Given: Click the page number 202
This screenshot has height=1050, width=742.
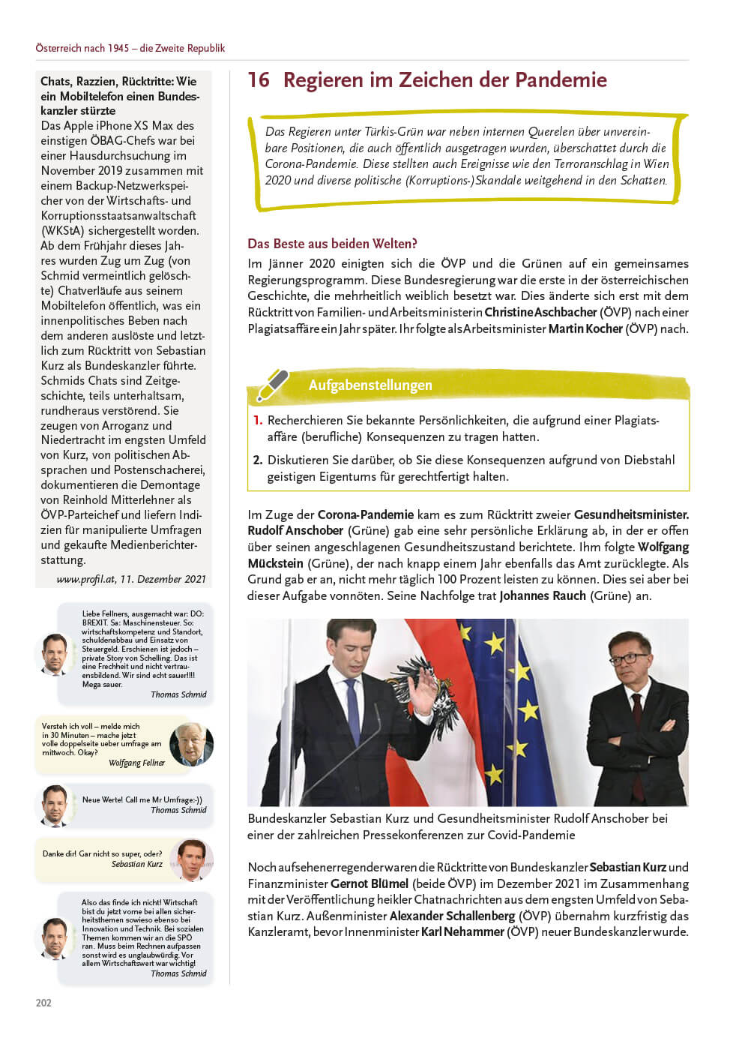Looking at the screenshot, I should pos(43,1003).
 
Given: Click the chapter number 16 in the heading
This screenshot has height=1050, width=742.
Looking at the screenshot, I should pos(259,80).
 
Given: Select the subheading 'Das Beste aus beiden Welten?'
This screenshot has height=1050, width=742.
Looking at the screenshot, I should pos(332,244).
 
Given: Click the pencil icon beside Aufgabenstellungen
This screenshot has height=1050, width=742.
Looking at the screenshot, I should pos(272,385).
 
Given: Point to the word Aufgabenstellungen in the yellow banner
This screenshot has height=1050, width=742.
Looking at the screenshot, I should pos(370,385).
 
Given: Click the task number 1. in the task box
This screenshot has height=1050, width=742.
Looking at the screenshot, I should pos(258,421).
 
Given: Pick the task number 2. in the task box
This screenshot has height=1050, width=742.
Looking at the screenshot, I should pos(258,460).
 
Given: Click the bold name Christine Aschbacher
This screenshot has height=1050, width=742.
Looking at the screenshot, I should pos(540,312).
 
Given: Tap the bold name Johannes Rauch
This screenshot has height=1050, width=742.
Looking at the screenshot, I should pos(543,596).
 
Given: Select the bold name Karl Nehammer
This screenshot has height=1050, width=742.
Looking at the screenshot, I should pos(462,932).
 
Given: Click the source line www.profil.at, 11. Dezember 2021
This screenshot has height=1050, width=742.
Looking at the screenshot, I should pos(131,579).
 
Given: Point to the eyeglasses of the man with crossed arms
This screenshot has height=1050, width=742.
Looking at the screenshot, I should pos(628,658).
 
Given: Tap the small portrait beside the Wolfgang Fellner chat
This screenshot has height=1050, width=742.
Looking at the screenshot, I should pos(191,744).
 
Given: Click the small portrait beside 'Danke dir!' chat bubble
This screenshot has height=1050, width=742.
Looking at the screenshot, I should pos(191,859).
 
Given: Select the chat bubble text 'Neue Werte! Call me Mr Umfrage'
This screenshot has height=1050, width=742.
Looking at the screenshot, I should pos(142,799).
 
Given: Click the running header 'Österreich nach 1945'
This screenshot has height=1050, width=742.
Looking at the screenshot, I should pos(130,48).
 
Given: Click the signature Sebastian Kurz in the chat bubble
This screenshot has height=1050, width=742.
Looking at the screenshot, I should pos(137,864).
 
